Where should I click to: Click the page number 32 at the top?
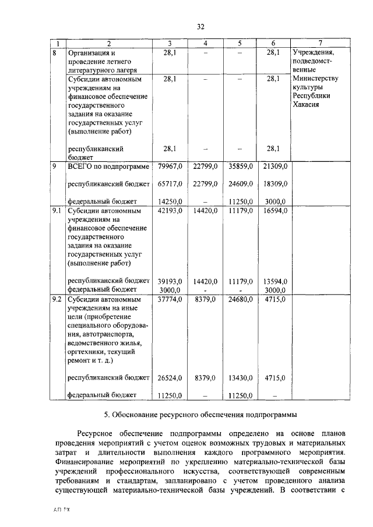(200, 27)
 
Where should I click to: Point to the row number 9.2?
(57, 299)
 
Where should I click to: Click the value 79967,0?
(170, 167)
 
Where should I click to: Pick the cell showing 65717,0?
(170, 184)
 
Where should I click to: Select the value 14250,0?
(170, 201)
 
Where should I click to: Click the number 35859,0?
(240, 167)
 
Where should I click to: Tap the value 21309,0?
(274, 167)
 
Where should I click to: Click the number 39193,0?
(170, 281)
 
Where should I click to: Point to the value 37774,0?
(170, 299)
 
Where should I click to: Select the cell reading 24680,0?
(240, 299)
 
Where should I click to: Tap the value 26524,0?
(170, 378)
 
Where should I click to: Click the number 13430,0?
(240, 378)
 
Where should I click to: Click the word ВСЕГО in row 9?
(80, 167)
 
